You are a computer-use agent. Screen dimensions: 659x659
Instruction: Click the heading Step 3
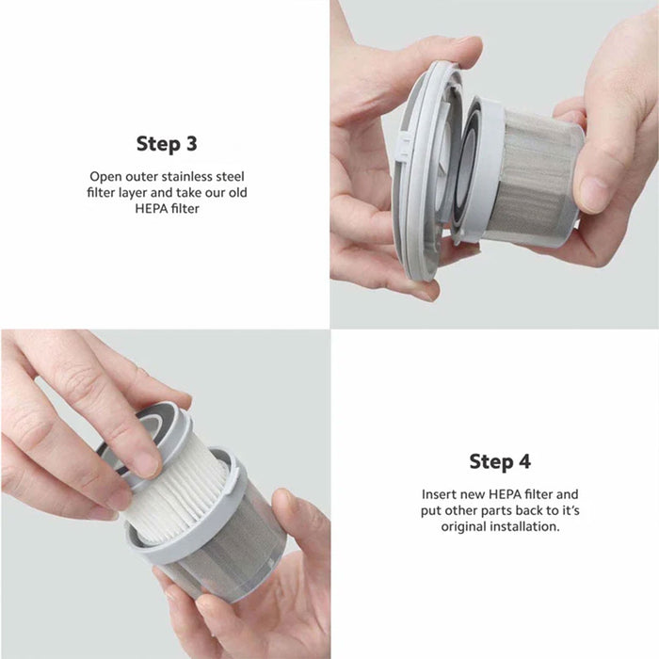[167, 144]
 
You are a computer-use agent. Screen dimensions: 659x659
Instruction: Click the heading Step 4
[500, 461]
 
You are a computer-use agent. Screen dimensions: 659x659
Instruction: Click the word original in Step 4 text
[463, 526]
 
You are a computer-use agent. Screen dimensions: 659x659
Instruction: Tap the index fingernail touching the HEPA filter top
[146, 465]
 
